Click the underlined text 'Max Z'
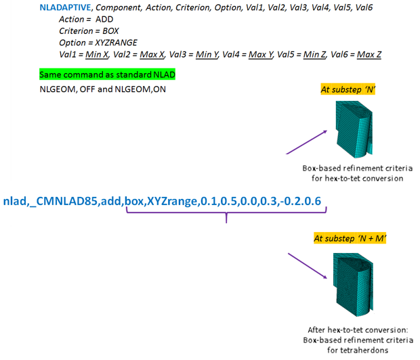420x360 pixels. coord(369,53)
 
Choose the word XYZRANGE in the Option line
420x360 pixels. coord(116,42)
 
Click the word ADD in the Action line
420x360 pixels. coord(105,19)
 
